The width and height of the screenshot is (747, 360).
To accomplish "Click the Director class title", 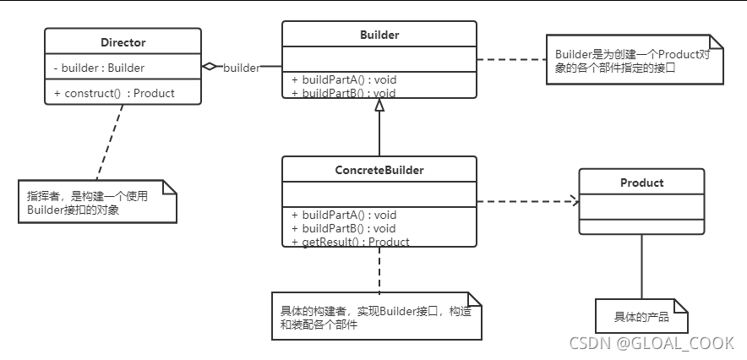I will coord(123,42).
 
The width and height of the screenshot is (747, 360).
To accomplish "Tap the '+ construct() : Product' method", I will coord(114,93).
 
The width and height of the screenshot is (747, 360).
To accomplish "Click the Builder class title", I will coord(379,35).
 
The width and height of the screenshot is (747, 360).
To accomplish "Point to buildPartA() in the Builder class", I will coord(344,80).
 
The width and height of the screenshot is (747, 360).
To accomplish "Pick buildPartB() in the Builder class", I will coord(344,93).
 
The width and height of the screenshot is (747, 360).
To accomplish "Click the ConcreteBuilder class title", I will coord(379,170).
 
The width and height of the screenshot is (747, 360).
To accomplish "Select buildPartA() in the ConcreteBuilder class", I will coord(344,215).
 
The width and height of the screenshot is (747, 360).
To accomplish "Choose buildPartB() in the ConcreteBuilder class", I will coord(344,228).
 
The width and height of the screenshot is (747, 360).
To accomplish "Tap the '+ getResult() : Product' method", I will coord(351,242).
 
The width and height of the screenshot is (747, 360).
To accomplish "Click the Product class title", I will coord(641,183).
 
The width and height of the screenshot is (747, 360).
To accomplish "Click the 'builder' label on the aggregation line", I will coord(241,67).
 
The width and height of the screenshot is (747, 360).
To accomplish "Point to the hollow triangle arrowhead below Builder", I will coord(379,106).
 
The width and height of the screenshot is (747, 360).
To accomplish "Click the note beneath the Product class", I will coord(641,317).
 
